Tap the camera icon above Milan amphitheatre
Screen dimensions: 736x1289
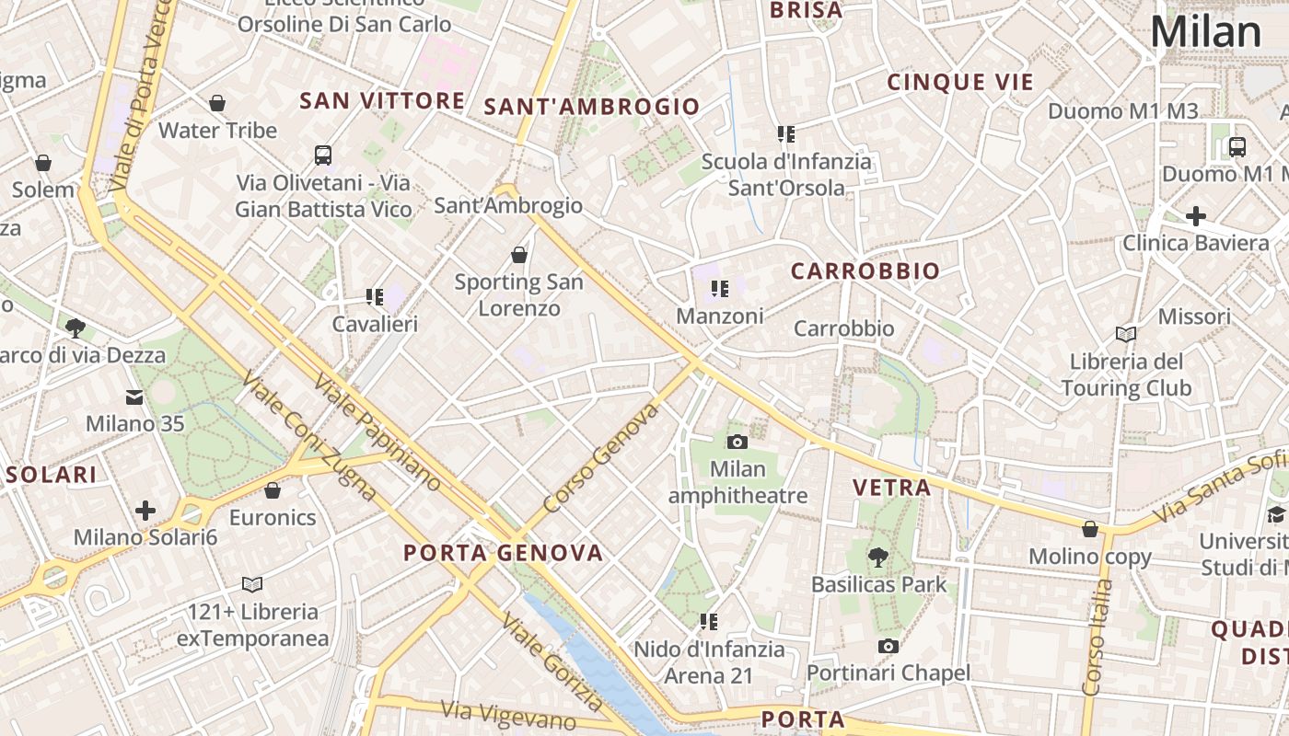coord(737,442)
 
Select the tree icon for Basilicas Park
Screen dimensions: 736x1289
coord(878,556)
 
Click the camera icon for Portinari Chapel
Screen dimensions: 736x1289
coord(888,646)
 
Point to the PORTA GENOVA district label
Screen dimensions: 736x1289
coord(504,553)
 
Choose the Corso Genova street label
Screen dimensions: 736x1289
coord(601,458)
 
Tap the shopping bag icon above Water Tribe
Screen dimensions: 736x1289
coord(217,103)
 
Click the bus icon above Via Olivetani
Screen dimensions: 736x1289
coord(322,155)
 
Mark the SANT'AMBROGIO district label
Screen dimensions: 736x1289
coord(592,107)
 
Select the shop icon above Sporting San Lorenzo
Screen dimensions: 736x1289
coord(519,254)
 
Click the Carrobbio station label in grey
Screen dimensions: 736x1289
coord(843,328)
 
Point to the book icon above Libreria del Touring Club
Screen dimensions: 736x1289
coord(1125,333)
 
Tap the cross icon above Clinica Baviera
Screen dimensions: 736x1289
coord(1195,216)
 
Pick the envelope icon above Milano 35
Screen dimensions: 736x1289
coord(134,397)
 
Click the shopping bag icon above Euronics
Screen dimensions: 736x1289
coord(273,489)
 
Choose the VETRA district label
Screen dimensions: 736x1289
coord(891,488)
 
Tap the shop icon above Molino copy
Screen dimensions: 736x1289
coord(1090,529)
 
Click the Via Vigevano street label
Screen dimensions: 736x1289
coord(508,716)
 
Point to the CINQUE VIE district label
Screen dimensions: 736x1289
coord(960,82)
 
